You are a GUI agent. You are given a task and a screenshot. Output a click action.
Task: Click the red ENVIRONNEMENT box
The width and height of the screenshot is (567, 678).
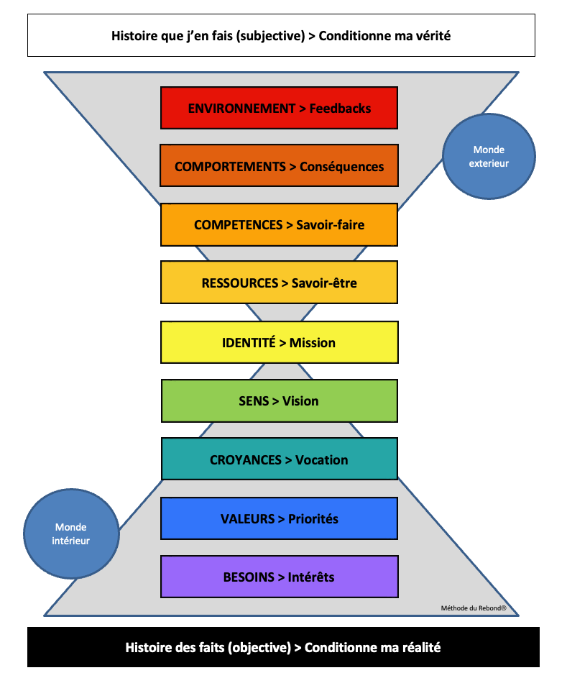[x=279, y=108]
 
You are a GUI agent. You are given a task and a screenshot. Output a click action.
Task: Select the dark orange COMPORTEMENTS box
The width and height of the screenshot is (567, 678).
[x=279, y=166]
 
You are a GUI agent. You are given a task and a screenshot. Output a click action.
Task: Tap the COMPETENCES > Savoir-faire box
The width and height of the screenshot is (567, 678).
[x=279, y=225]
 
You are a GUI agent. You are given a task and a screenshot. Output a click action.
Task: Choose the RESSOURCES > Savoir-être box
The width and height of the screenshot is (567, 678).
[x=279, y=283]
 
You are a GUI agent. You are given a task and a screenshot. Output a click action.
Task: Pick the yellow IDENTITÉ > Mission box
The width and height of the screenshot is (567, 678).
[x=279, y=342]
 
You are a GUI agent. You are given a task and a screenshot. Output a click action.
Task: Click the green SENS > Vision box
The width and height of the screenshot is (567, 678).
[x=279, y=400]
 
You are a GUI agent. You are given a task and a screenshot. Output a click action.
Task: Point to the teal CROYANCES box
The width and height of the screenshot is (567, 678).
[x=279, y=459]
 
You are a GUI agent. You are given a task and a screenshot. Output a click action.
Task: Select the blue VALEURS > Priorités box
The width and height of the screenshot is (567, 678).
[x=279, y=518]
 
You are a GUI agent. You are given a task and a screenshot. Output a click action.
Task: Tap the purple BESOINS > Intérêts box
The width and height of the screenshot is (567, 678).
[x=279, y=577]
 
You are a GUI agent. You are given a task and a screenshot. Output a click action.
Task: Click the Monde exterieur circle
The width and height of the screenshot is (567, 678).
[x=489, y=157]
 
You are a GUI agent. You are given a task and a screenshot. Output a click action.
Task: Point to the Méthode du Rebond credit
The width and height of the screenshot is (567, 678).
[x=474, y=608]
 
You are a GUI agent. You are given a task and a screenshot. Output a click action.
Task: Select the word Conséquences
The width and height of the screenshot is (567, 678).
[x=341, y=167]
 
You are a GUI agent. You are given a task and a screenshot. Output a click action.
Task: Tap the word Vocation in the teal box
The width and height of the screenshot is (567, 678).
[x=321, y=460]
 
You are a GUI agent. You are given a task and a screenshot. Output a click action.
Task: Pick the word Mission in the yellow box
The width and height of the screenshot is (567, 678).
[x=312, y=343]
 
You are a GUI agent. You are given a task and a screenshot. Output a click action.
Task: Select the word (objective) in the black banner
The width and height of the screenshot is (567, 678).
[x=258, y=647]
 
